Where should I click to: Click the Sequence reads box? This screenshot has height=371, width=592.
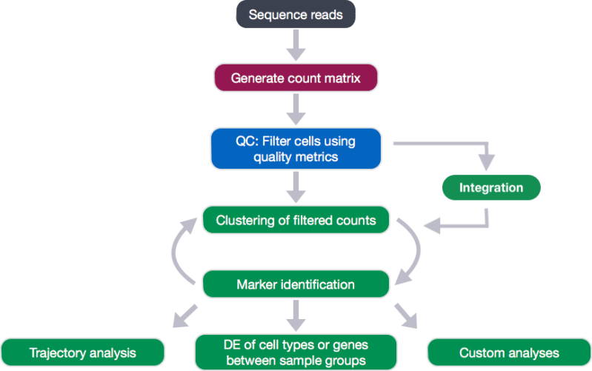tap(296, 15)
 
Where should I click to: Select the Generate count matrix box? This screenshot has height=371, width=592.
tap(296, 78)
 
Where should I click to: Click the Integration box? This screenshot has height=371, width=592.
tap(490, 187)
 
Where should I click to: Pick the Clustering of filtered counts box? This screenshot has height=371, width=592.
tap(296, 220)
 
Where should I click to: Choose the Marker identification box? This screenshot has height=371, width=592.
tap(296, 284)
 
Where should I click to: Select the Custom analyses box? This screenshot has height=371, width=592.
tap(509, 352)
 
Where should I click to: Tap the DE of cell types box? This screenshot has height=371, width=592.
tap(296, 352)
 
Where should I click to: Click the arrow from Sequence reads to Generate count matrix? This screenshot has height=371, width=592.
tap(296, 45)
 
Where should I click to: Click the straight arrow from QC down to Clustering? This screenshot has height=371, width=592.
tap(296, 185)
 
